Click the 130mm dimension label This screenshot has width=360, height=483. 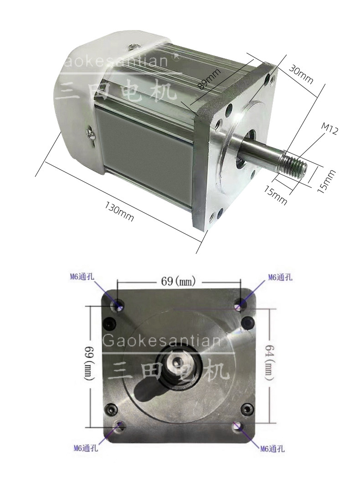click(120, 211)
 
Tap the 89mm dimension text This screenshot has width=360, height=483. click(210, 78)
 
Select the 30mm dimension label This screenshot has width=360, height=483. click(301, 75)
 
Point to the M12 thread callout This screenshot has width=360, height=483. click(329, 129)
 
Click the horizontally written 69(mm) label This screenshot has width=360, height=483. click(178, 281)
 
